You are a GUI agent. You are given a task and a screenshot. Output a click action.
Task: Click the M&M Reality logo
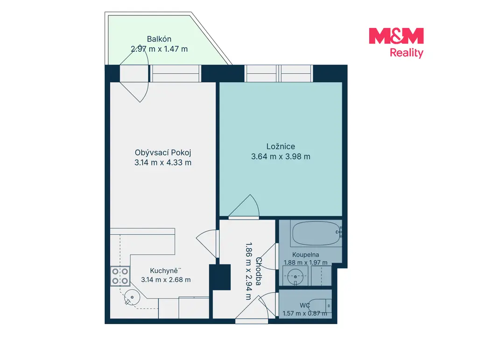point(396,42)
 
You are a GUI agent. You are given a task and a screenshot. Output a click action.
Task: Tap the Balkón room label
point(159,39)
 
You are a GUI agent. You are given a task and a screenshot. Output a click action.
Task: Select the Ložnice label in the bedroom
point(281,146)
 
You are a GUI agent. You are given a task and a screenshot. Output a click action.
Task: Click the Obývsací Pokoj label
point(163,152)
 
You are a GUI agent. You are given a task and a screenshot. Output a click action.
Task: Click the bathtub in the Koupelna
point(316,233)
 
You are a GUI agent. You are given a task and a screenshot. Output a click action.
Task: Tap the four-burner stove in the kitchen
point(120,276)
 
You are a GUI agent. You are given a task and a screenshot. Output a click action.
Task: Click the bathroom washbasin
point(295,276)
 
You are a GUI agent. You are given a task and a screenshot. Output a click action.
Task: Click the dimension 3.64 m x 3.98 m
point(281,157)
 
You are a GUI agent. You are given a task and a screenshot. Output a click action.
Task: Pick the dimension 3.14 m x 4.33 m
point(163,163)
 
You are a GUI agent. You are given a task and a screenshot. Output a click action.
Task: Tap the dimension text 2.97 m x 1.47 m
point(159,49)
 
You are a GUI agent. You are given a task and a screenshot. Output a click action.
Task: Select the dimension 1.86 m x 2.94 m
point(249,271)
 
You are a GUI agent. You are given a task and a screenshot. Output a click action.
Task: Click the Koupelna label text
point(305,255)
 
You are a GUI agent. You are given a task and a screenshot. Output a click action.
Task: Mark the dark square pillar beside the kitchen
point(220,277)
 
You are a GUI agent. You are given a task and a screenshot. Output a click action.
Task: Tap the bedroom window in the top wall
point(279,73)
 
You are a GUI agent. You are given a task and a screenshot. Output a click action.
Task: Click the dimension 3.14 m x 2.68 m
point(166,280)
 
